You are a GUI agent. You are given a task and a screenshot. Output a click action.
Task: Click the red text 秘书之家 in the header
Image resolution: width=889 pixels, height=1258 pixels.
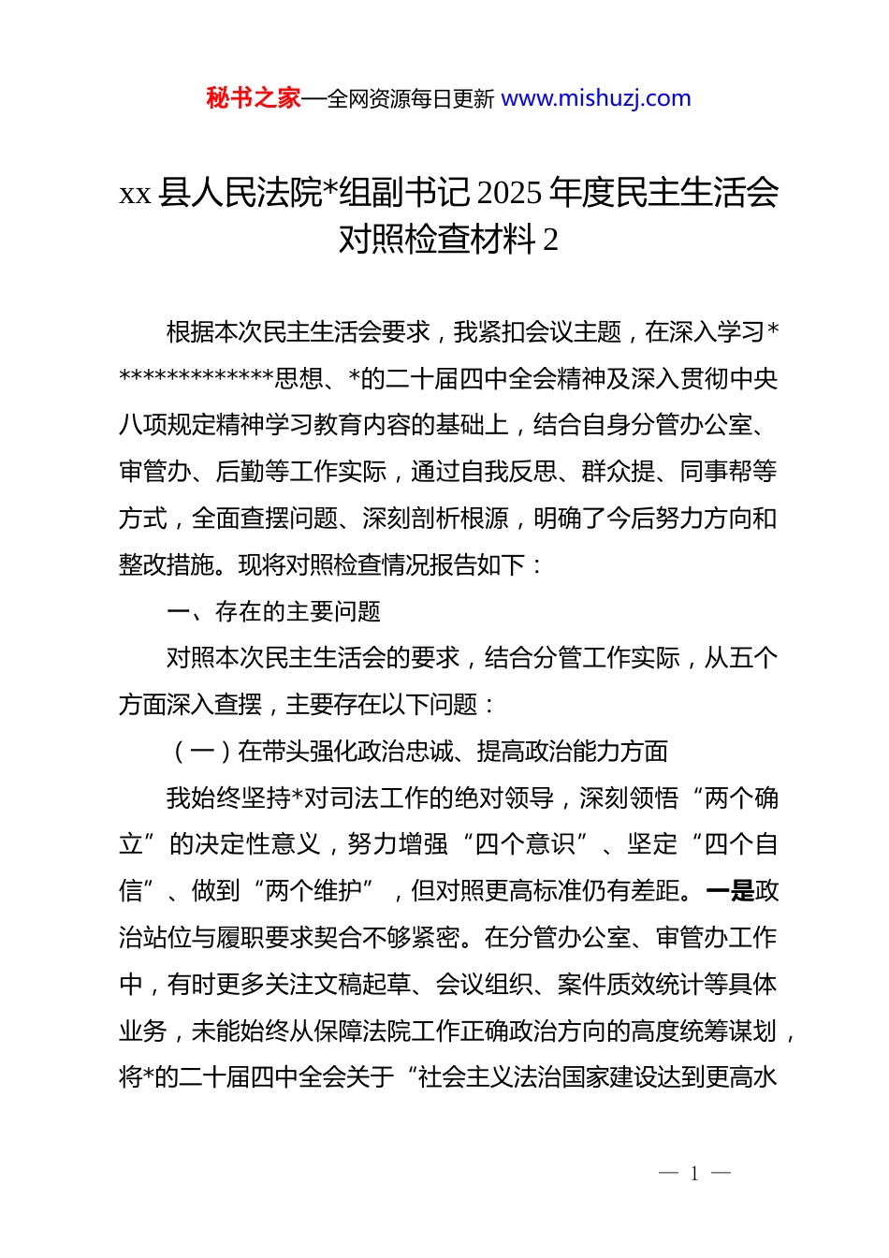254,98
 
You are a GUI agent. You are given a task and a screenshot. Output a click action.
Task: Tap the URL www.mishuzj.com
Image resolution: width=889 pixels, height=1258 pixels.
596,98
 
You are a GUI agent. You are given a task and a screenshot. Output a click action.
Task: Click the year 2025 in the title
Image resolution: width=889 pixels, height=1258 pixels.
509,193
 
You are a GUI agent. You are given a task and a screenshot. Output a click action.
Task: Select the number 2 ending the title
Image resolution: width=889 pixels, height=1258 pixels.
550,240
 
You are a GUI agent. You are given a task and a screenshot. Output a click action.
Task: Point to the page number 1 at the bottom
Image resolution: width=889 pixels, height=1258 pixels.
694,1174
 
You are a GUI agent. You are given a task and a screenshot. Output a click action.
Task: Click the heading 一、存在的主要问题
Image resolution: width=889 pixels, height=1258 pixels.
273,612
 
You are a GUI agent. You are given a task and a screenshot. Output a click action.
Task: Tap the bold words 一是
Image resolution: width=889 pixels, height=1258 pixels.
730,891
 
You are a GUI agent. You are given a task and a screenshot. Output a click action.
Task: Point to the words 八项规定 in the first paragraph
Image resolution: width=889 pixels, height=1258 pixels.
168,425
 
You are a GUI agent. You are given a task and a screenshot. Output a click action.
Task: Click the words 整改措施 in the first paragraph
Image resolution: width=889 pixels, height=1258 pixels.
168,565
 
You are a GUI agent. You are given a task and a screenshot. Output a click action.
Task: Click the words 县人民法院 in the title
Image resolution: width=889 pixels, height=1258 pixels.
240,193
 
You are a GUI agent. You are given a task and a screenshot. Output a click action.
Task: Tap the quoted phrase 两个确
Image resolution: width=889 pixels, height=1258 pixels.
741,798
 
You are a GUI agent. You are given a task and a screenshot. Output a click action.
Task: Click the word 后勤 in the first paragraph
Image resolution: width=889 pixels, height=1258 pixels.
240,472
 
